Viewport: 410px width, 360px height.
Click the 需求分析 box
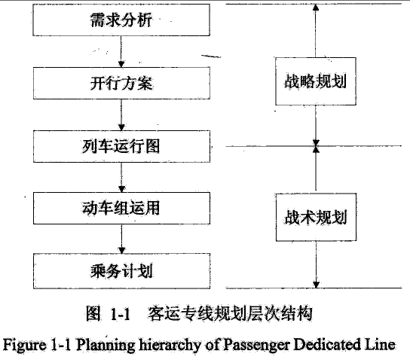(x=121, y=20)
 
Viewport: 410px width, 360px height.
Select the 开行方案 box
(x=121, y=83)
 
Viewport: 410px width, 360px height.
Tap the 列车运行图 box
(x=121, y=146)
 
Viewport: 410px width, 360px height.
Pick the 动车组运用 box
(x=121, y=208)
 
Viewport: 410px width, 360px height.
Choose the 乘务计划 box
(x=121, y=271)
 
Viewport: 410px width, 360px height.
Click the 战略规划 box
(x=316, y=81)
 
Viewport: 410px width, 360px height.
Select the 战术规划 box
(x=316, y=217)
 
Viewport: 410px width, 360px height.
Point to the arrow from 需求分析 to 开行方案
(x=121, y=51)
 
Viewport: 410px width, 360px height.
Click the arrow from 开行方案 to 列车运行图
(x=121, y=114)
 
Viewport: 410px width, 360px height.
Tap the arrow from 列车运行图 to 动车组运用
(x=121, y=178)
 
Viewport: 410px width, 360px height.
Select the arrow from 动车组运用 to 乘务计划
(x=121, y=239)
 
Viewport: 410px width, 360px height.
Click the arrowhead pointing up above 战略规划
(x=316, y=7)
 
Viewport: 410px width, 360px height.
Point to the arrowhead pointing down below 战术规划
(x=316, y=285)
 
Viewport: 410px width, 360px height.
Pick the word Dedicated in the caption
(x=326, y=345)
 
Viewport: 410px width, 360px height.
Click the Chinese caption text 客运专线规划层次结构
(x=230, y=313)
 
